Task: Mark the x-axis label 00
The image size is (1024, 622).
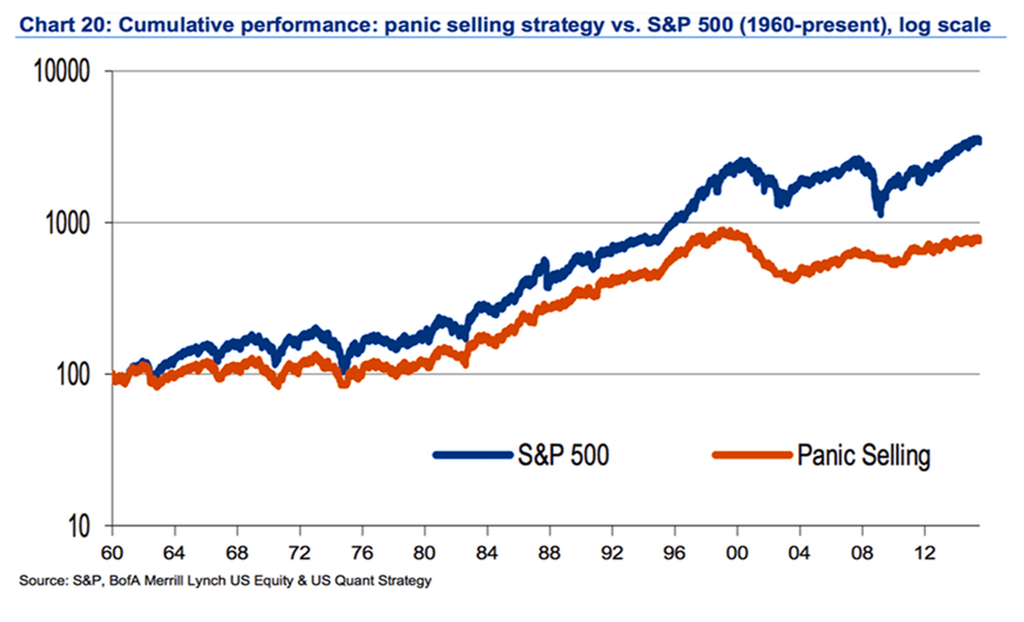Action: click(x=738, y=551)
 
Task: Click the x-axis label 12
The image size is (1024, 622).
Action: click(x=925, y=551)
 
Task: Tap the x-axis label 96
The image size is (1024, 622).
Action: click(x=674, y=551)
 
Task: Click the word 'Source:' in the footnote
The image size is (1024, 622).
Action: click(x=40, y=582)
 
